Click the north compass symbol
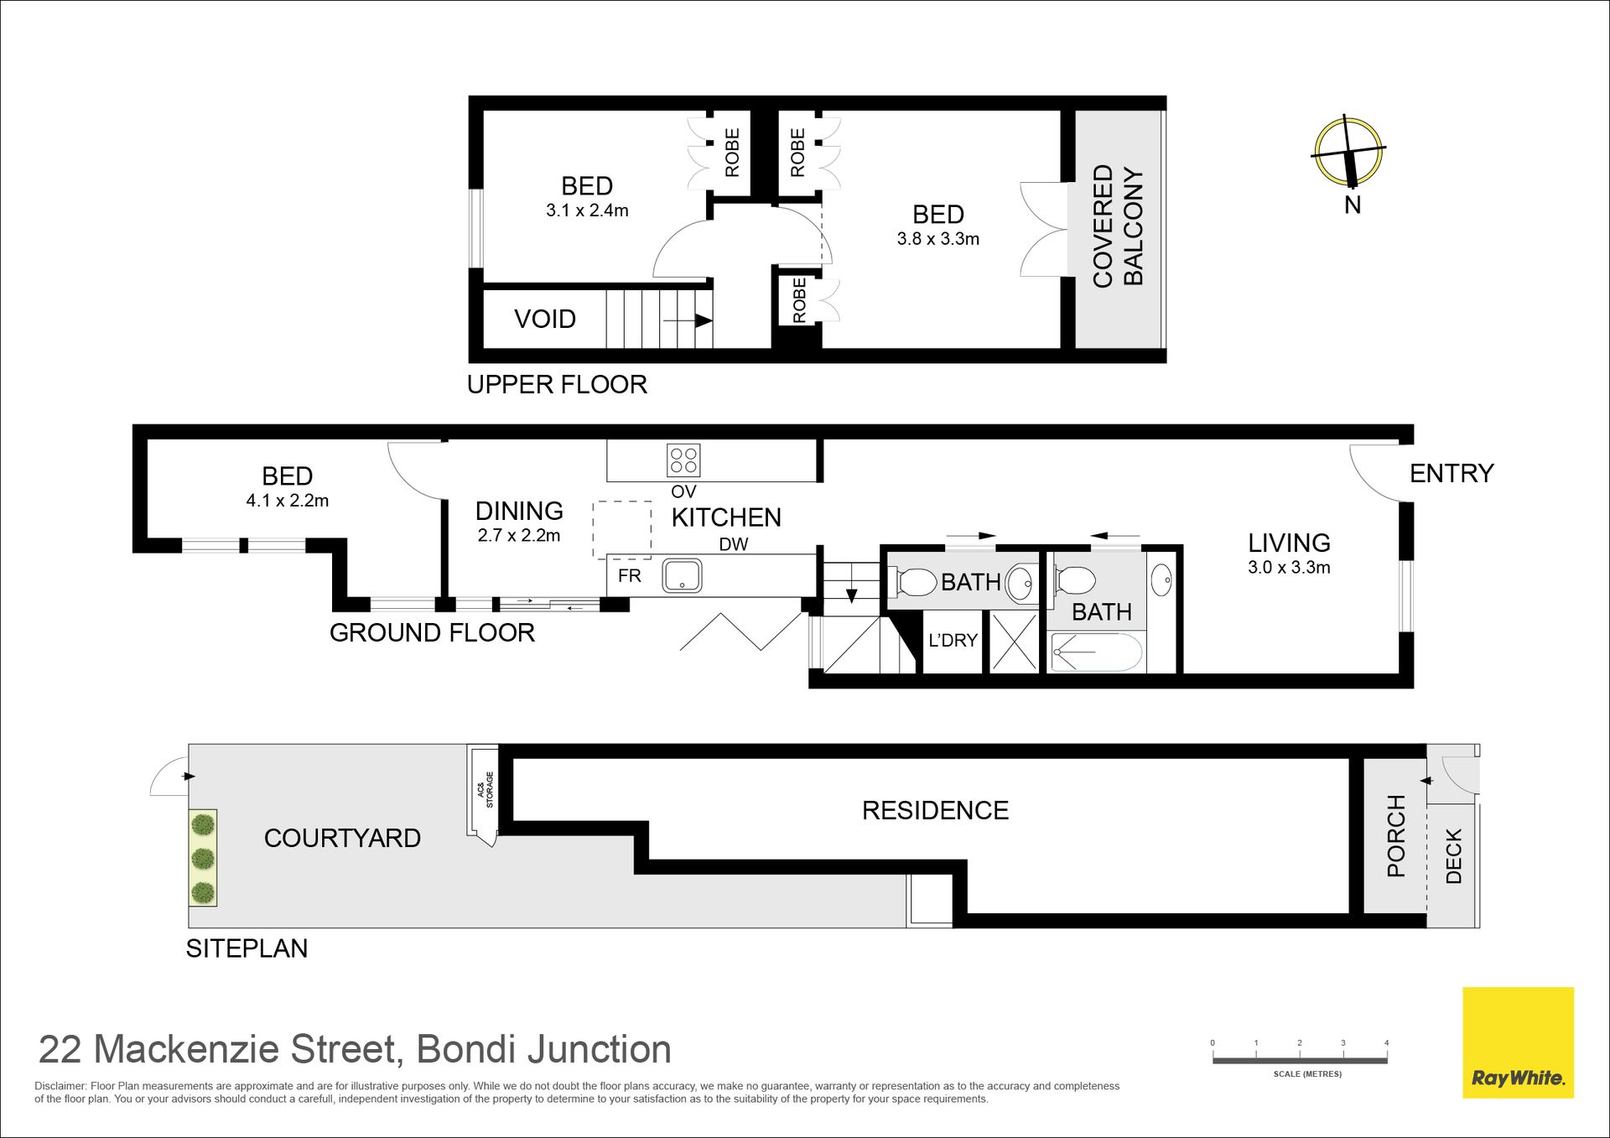tap(1348, 152)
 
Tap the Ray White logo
tap(1518, 1042)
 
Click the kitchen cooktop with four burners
tap(683, 460)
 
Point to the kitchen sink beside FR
tap(682, 576)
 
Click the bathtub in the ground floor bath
tap(1097, 652)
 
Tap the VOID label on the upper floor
tap(545, 319)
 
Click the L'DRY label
tap(953, 641)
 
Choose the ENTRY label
tap(1452, 474)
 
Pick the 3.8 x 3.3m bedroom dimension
tap(937, 239)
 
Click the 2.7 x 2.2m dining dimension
tap(519, 536)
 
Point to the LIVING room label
tap(1289, 543)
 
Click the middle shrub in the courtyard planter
tap(203, 859)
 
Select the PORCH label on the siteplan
tap(1396, 836)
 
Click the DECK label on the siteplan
tap(1454, 856)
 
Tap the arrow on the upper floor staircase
tap(688, 320)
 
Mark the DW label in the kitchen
tap(734, 544)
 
